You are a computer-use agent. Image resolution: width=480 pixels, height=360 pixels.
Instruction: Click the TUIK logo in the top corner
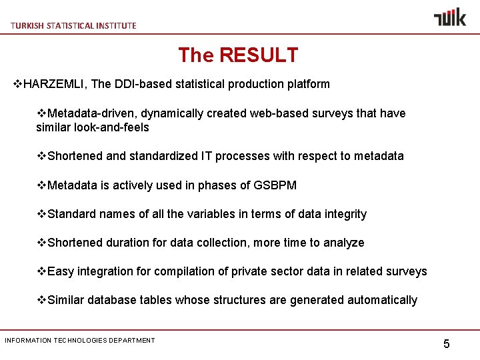click(x=450, y=17)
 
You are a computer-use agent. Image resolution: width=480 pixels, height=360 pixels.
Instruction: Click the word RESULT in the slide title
click(x=259, y=55)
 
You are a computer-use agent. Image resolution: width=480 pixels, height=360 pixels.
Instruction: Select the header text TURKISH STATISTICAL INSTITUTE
click(x=73, y=25)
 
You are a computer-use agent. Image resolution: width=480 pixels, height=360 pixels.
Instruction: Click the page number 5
click(x=447, y=344)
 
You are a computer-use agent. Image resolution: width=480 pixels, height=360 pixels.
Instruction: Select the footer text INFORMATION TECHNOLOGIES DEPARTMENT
click(x=80, y=341)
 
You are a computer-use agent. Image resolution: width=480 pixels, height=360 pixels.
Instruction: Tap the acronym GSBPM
click(x=275, y=185)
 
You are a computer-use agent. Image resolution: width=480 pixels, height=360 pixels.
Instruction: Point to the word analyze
click(x=343, y=243)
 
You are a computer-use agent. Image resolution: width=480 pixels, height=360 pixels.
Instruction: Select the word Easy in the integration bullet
click(x=61, y=271)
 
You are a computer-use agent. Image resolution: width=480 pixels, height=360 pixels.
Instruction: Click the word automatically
click(x=382, y=300)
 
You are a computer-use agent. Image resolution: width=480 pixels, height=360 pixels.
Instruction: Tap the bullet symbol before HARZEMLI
click(x=19, y=84)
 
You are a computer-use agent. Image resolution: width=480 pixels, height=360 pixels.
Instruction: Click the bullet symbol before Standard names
click(x=41, y=214)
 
